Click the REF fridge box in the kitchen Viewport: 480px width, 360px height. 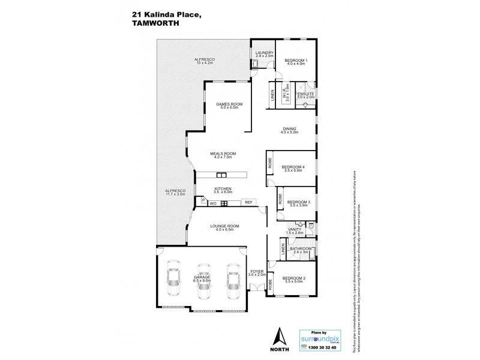[x=248, y=203]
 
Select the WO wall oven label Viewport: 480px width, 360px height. [x=212, y=203]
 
